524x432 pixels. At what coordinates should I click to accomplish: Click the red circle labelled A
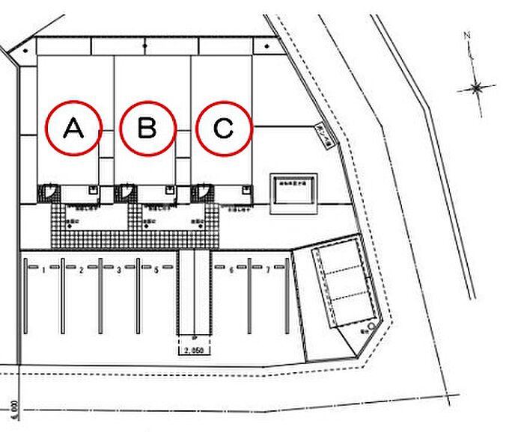pos(73,129)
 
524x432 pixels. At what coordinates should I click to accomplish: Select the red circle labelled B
pos(147,129)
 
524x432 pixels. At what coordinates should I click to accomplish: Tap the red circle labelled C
pos(224,129)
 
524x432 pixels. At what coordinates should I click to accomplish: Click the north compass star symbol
pos(476,89)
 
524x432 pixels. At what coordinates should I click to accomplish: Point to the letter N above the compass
pos(466,35)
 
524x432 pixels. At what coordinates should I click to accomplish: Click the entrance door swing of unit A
pos(48,194)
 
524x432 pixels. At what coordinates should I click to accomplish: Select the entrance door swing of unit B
pos(125,194)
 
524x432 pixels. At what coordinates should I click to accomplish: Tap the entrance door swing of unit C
pos(201,194)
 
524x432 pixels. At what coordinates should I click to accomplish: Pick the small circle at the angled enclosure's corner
pos(372,327)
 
